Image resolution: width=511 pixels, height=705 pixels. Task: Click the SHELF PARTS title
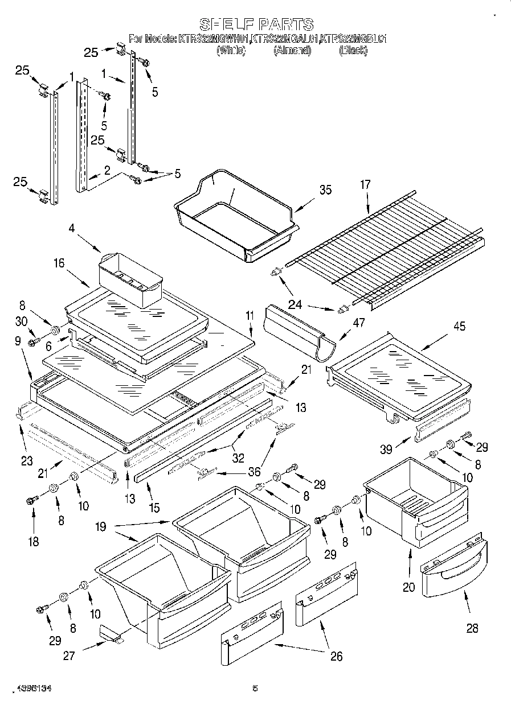(x=256, y=24)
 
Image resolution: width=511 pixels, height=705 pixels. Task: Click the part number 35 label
(x=325, y=190)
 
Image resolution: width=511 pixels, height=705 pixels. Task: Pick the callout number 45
(x=459, y=327)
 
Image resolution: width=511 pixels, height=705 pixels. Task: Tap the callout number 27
(x=69, y=655)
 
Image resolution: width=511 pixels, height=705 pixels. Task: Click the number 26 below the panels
(x=337, y=657)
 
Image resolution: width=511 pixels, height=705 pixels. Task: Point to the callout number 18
(x=34, y=542)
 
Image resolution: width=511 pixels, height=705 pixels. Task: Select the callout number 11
(x=249, y=315)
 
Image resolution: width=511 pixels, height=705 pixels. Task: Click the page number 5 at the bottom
(x=255, y=688)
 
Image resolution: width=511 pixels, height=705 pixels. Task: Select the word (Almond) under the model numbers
(x=292, y=51)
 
